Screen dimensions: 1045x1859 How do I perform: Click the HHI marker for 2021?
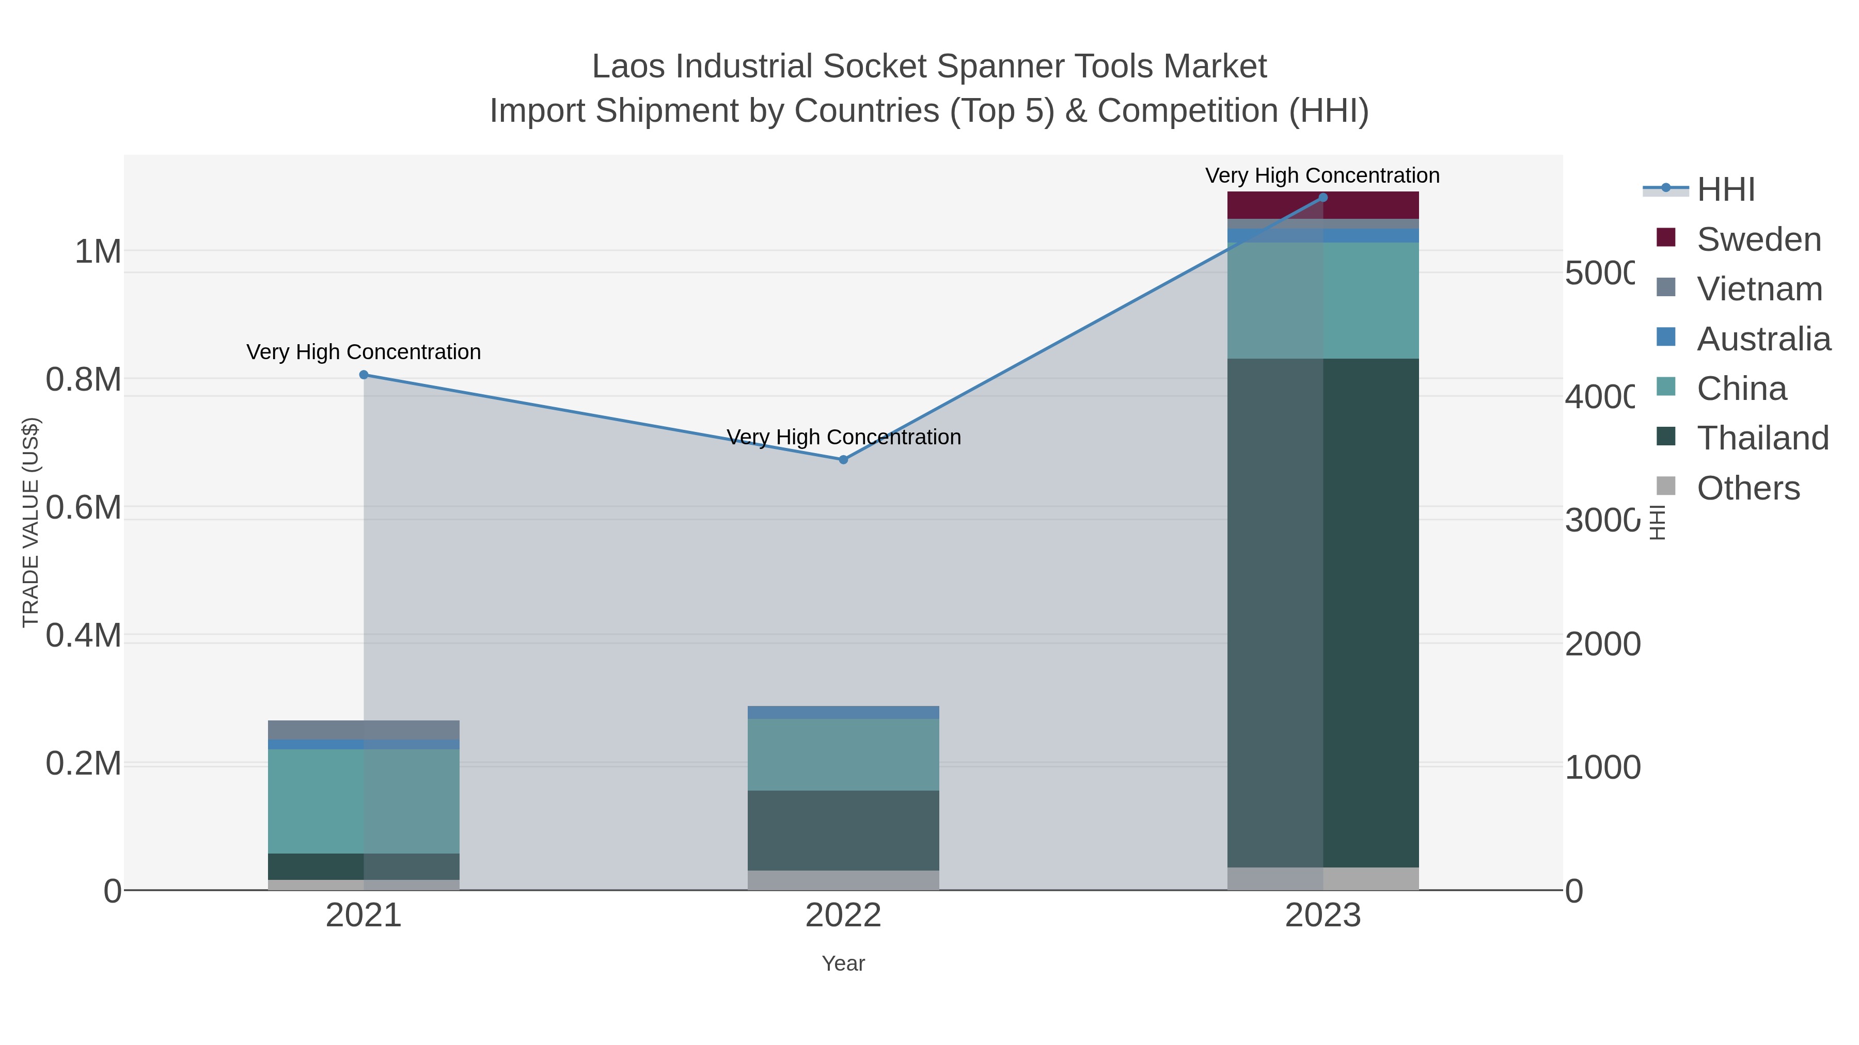[x=364, y=375]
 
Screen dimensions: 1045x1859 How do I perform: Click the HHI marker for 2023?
[x=1323, y=198]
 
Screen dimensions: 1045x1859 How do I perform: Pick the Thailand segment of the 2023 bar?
[x=1323, y=613]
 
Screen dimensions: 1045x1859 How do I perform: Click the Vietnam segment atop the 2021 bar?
[x=364, y=730]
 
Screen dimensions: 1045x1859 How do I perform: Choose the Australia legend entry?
[x=1763, y=339]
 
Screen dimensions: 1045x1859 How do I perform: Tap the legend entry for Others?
[x=1748, y=488]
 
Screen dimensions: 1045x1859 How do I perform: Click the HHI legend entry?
[x=1725, y=190]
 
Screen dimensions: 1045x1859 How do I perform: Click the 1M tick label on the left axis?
[x=98, y=252]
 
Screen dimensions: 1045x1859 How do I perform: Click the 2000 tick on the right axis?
[x=1602, y=644]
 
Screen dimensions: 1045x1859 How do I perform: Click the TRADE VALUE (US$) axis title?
[x=30, y=522]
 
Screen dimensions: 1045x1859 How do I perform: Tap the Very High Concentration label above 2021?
[x=364, y=352]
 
